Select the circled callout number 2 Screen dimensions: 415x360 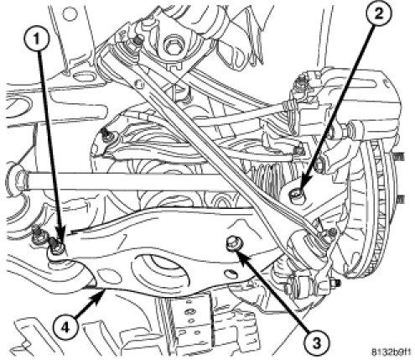coord(378,14)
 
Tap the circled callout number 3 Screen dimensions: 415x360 coord(316,342)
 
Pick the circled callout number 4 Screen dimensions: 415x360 coord(65,327)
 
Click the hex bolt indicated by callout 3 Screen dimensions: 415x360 coord(233,242)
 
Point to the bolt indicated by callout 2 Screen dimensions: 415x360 coord(298,194)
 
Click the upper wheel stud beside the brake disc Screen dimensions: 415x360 coord(400,157)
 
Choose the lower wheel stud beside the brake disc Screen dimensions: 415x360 coord(401,199)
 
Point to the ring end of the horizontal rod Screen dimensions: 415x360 coord(19,180)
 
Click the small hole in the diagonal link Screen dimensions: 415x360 coord(137,83)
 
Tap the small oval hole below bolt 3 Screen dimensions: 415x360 coord(229,273)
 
